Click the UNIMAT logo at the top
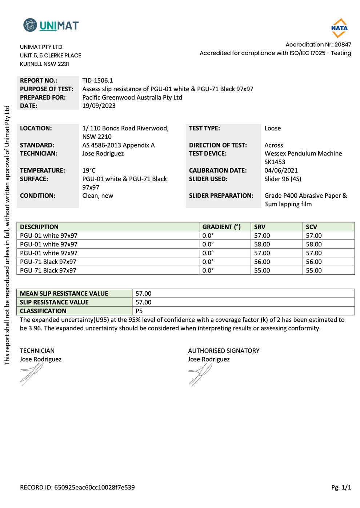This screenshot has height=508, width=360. tap(51, 25)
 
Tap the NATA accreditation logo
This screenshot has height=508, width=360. tap(339, 28)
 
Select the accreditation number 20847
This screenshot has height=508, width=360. tap(343, 45)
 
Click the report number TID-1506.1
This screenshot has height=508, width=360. tap(97, 81)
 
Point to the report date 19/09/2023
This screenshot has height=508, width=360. tap(99, 106)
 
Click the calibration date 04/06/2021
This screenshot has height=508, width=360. tap(281, 170)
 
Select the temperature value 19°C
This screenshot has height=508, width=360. tap(89, 170)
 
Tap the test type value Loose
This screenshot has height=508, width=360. tap(273, 128)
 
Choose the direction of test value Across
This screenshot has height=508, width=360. tap(274, 145)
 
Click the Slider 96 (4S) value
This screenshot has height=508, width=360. tap(283, 179)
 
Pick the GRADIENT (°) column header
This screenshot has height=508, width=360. tap(221, 227)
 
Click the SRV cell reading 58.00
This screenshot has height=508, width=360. tap(262, 244)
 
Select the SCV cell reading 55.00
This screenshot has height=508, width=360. tap(314, 270)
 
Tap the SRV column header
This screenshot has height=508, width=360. tap(260, 227)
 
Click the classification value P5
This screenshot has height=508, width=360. tap(139, 311)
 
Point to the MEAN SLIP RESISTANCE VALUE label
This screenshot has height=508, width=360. tap(64, 294)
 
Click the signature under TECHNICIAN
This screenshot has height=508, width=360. tap(32, 374)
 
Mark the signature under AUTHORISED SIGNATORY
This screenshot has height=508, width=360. tap(200, 374)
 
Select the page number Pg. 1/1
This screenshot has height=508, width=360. tap(341, 488)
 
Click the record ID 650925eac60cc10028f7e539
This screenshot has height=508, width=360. tap(95, 488)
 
